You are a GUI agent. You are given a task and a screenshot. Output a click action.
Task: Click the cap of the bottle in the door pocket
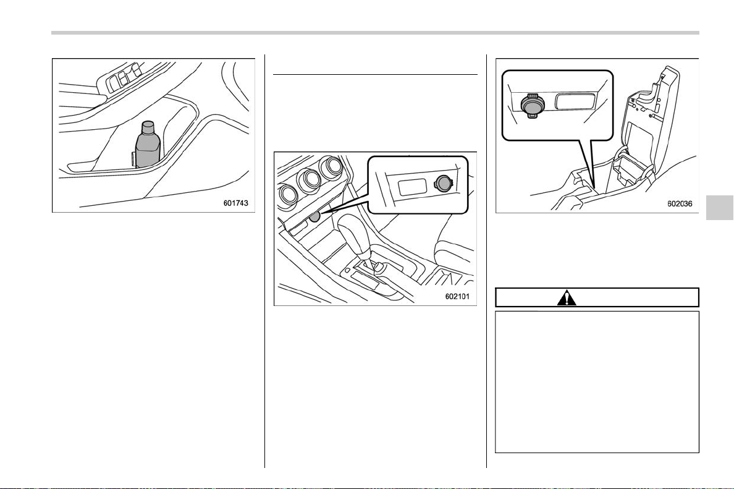[x=148, y=127]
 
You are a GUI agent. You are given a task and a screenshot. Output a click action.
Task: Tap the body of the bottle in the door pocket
[x=148, y=150]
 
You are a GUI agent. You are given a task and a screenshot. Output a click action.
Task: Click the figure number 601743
[x=235, y=203]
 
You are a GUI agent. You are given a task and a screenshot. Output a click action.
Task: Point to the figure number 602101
[x=457, y=296]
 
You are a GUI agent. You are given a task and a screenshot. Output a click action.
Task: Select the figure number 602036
[x=680, y=204]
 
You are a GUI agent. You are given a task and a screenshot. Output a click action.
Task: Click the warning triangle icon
[x=567, y=297]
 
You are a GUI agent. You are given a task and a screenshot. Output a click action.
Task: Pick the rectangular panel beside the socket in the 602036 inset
[x=575, y=101]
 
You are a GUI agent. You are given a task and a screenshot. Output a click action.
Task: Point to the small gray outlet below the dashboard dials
[x=314, y=216]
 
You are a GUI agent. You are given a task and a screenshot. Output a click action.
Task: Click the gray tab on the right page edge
[x=719, y=207]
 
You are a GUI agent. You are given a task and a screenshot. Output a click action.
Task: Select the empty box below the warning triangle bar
[x=597, y=381]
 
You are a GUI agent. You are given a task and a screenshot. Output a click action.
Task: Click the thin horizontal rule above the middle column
[x=375, y=74]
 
